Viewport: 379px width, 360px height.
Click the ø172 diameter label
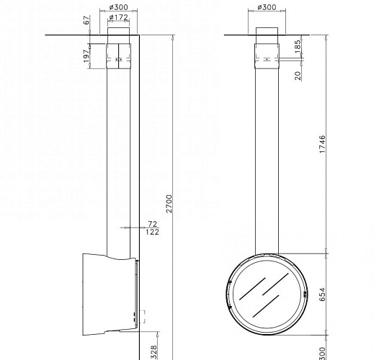pos(119,17)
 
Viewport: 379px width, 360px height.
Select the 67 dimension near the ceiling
pos(86,22)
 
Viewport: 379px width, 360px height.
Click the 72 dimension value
pos(152,224)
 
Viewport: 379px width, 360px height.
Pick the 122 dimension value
pos(152,232)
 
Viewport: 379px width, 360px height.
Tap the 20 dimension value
pos(298,75)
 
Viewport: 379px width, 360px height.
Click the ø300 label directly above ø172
pos(119,7)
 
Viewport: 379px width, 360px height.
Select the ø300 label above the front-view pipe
pos(267,7)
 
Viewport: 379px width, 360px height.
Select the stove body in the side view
pos(108,294)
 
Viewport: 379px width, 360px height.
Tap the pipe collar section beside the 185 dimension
pos(267,53)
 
